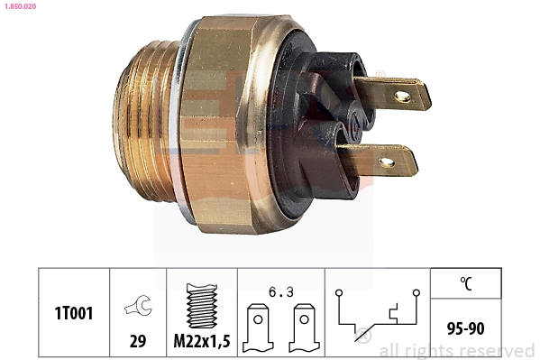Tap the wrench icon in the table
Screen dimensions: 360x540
tap(139, 305)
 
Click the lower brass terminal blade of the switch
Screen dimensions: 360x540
tap(384, 162)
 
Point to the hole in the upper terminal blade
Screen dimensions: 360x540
tap(402, 94)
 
